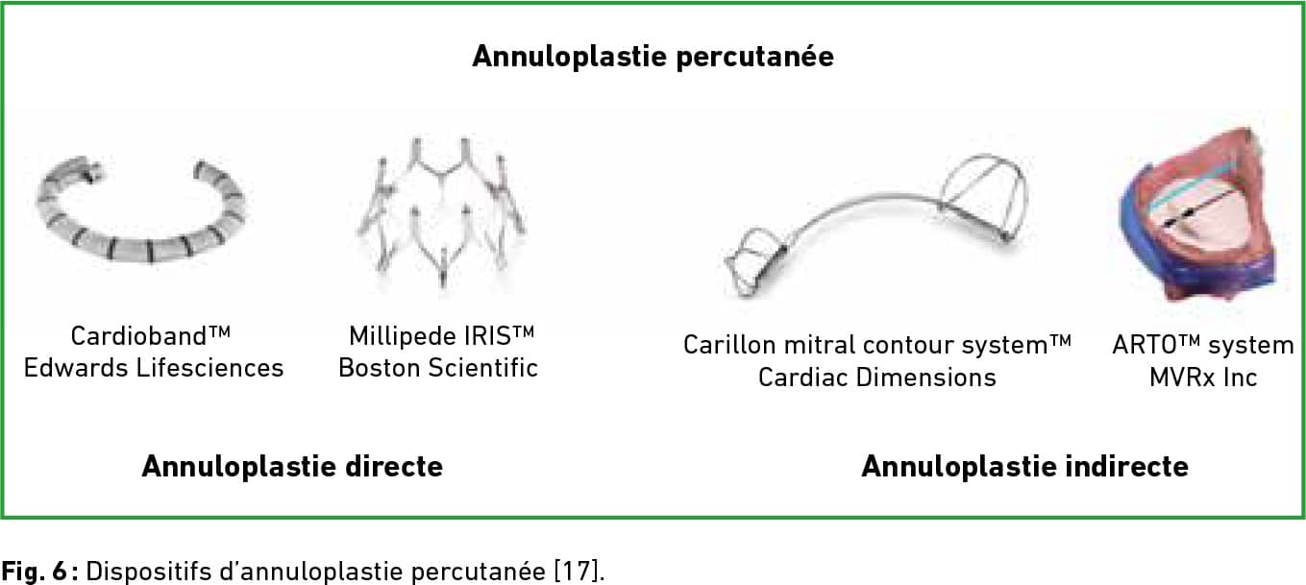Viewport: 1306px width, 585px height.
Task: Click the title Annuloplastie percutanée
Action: coord(653,57)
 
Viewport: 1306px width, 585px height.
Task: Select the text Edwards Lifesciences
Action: coord(154,368)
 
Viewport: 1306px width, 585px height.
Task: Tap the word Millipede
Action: coord(403,336)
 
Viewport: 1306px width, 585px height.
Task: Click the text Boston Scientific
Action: coord(438,368)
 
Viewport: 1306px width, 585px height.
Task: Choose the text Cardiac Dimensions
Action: coord(876,378)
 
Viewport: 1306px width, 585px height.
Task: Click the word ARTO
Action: coord(1146,345)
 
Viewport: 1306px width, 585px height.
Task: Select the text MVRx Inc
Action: coord(1203,378)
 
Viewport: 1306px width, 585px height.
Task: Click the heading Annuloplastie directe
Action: coord(292,466)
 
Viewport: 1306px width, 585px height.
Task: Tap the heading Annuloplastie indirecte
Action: coord(1024,466)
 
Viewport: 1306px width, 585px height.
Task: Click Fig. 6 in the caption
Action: coord(35,572)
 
